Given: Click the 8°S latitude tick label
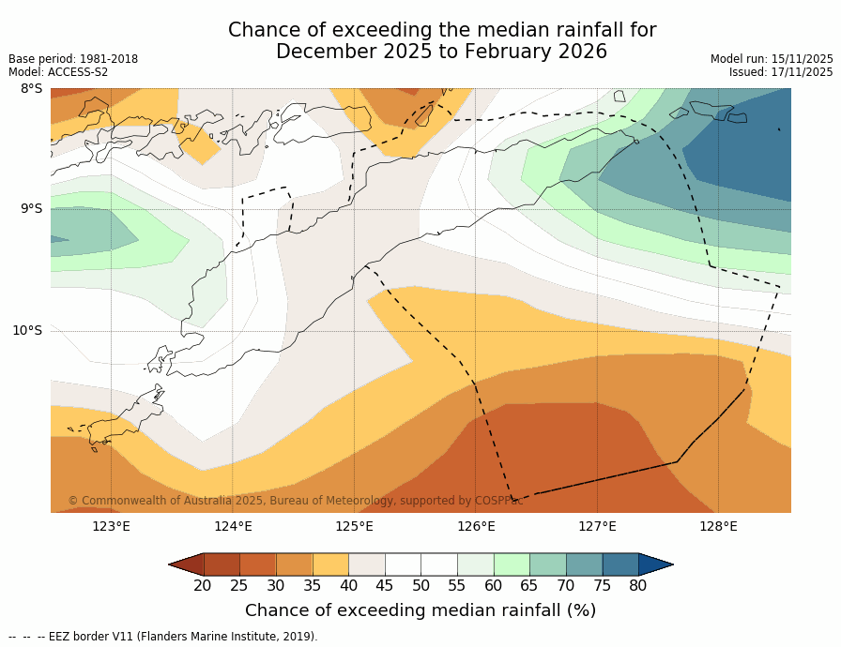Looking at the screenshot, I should tap(31, 89).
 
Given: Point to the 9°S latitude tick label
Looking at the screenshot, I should tap(31, 209).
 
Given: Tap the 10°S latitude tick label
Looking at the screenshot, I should tap(27, 330).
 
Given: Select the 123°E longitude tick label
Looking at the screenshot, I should tap(111, 526).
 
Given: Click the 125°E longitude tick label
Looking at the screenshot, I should tap(354, 526).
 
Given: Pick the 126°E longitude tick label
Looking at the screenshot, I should tap(476, 526).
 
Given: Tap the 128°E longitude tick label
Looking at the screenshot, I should tap(718, 526).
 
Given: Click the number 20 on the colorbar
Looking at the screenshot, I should tap(203, 586).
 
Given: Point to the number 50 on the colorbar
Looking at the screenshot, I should tap(420, 586).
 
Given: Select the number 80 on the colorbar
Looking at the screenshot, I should tap(638, 586).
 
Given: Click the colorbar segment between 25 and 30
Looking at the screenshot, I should tap(257, 564).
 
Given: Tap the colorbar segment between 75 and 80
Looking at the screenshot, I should tap(620, 564).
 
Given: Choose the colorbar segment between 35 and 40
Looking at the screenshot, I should tap(330, 564).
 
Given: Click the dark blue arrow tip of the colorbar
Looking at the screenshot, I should tap(656, 564).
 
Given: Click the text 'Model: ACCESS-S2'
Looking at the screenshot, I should tap(58, 72).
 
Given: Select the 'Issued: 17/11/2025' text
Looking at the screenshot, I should tap(781, 72).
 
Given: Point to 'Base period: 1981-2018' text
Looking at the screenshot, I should tap(73, 59).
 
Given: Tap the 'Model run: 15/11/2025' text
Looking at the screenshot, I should tap(772, 59).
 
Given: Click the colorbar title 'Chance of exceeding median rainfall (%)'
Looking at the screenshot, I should tap(420, 610).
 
